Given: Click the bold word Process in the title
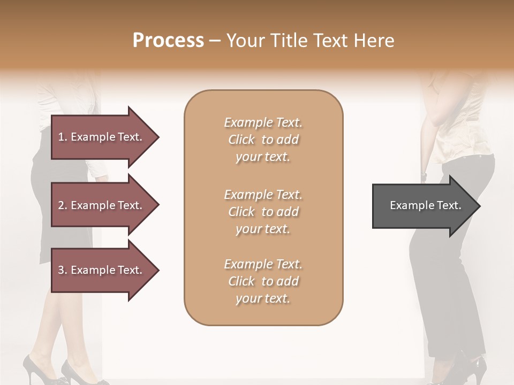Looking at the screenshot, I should (x=168, y=41).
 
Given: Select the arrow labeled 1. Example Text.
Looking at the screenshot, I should (x=102, y=137).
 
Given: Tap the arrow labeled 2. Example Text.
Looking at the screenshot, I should (x=102, y=205).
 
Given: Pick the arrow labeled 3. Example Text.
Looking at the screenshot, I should (x=102, y=270).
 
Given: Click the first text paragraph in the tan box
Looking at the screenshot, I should (x=263, y=140).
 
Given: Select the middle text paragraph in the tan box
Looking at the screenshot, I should (x=263, y=212).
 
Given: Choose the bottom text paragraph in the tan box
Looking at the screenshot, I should (x=263, y=281).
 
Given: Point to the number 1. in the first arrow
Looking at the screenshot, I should (x=63, y=137).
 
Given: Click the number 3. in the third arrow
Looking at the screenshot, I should (x=63, y=270).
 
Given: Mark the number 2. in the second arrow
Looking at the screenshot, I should (x=63, y=205).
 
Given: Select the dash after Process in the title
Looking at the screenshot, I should (x=215, y=41).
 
